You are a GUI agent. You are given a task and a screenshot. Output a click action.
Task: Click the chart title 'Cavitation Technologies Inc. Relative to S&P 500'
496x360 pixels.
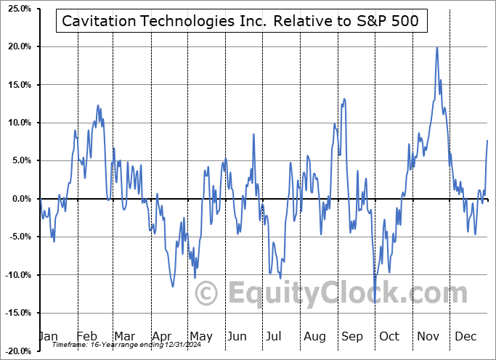pyautogui.click(x=240, y=21)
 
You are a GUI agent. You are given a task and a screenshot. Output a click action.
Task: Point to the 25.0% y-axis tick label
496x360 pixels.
pyautogui.click(x=17, y=9)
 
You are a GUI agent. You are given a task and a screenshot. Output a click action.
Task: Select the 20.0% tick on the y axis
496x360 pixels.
pyautogui.click(x=17, y=47)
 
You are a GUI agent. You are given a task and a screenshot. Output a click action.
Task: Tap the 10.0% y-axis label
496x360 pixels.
pyautogui.click(x=17, y=123)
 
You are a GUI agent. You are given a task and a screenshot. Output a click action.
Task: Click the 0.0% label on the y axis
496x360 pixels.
pyautogui.click(x=19, y=199)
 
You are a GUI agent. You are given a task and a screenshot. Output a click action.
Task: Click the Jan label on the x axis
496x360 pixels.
pyautogui.click(x=47, y=336)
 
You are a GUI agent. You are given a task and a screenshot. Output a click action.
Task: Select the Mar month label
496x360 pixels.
pyautogui.click(x=124, y=336)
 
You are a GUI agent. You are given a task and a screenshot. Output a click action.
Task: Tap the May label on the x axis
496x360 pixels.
pyautogui.click(x=200, y=336)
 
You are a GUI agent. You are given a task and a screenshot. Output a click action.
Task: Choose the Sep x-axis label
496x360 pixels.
pyautogui.click(x=353, y=336)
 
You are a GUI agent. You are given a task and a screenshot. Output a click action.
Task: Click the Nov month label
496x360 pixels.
pyautogui.click(x=428, y=336)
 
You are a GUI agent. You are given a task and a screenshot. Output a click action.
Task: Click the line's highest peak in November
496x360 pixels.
pyautogui.click(x=436, y=48)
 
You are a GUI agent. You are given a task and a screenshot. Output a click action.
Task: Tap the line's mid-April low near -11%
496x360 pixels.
pyautogui.click(x=173, y=286)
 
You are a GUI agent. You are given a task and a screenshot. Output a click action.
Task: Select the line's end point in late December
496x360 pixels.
pyautogui.click(x=487, y=140)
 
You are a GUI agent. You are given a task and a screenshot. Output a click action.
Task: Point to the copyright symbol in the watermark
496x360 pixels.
pyautogui.click(x=207, y=294)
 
